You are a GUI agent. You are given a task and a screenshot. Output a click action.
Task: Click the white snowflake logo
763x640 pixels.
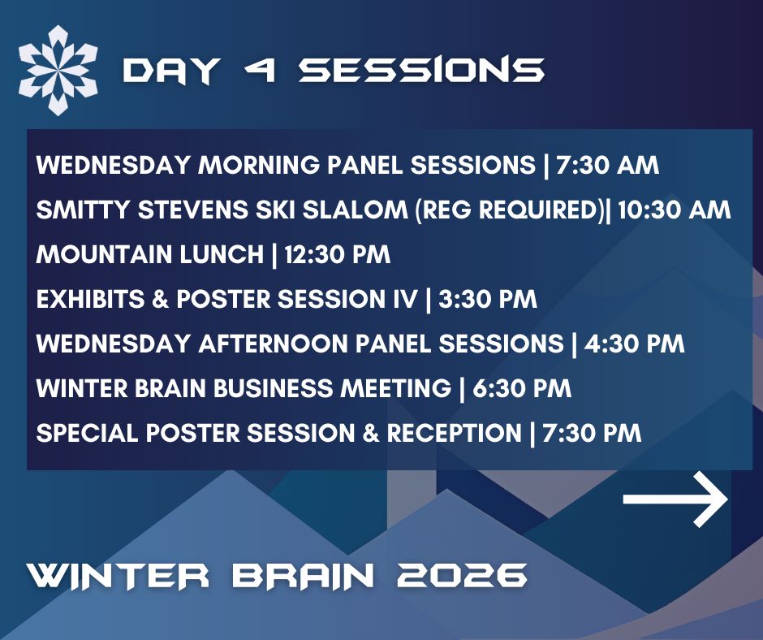58,70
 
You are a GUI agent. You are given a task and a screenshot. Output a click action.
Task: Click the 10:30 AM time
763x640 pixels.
675,210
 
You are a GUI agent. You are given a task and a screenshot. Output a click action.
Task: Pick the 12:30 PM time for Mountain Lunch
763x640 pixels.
333,255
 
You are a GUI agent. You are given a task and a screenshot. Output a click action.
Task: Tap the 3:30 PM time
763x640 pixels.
487,299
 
